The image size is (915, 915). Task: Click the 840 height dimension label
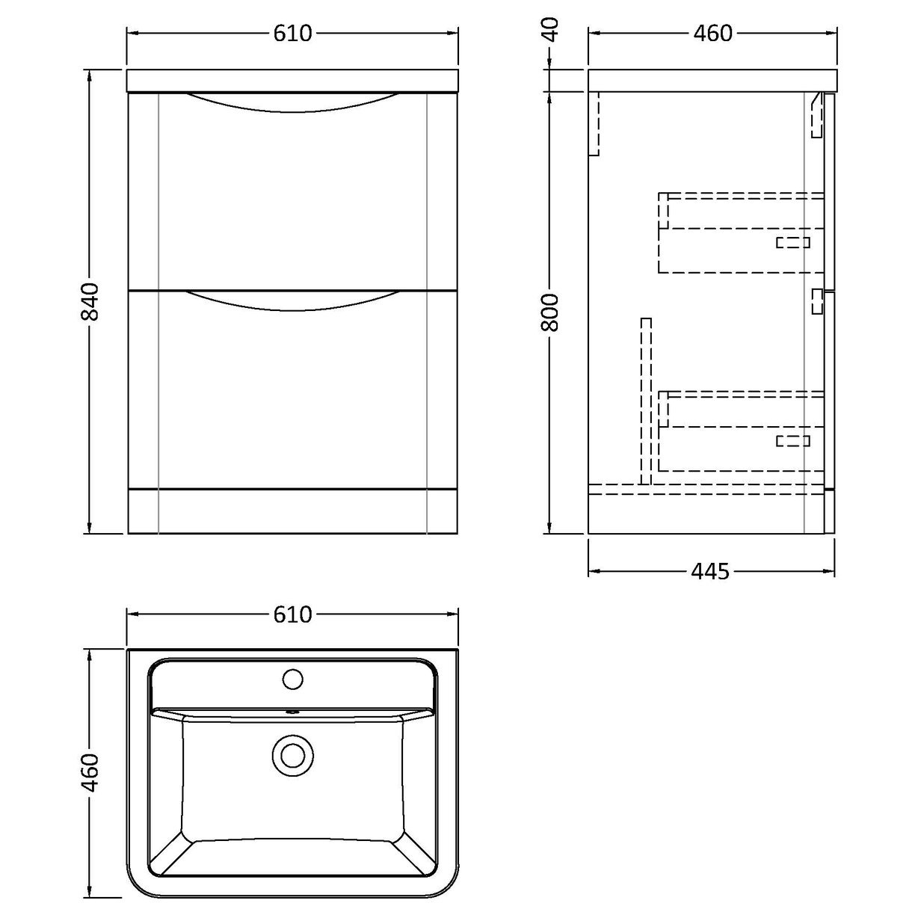click(x=90, y=302)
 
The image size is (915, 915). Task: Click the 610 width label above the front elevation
click(x=292, y=34)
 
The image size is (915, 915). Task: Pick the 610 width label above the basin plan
click(x=292, y=614)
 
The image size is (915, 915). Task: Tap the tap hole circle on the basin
click(x=292, y=680)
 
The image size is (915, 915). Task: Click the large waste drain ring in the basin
click(x=292, y=755)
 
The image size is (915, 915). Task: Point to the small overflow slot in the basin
click(x=292, y=712)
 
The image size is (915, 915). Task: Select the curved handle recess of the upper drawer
click(x=292, y=103)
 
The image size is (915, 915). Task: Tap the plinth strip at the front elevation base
click(x=292, y=511)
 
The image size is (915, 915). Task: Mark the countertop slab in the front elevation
click(x=292, y=81)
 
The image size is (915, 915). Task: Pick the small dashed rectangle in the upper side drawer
click(x=792, y=242)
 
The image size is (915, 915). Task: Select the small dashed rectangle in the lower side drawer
click(x=792, y=441)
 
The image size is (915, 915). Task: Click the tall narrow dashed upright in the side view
click(x=646, y=401)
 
